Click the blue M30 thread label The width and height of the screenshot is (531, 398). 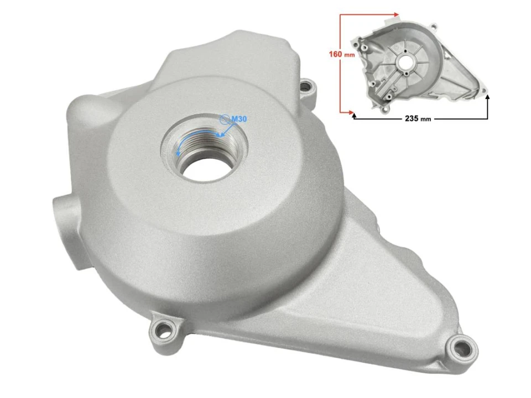pyautogui.click(x=238, y=119)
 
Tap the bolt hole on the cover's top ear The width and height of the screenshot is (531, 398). pyautogui.click(x=306, y=86)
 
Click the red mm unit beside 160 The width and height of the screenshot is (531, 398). pyautogui.click(x=348, y=55)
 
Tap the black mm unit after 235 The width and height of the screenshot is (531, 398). pyautogui.click(x=425, y=119)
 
